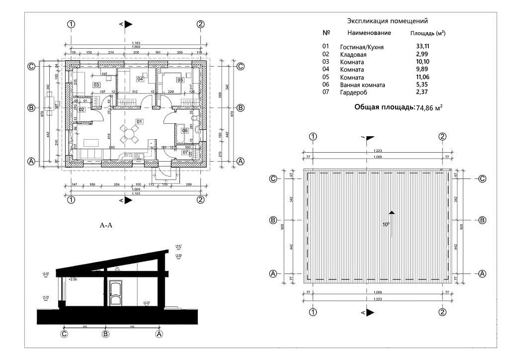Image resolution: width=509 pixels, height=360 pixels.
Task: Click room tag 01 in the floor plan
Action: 140,121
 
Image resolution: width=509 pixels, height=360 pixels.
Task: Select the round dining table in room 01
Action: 129,133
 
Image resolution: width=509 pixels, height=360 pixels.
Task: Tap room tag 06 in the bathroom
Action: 184,131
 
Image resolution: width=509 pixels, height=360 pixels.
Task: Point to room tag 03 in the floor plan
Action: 96,85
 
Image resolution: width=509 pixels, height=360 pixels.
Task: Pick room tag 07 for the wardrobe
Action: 185,153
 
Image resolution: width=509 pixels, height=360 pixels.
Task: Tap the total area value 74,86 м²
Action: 429,107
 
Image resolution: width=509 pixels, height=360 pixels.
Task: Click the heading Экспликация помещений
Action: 387,21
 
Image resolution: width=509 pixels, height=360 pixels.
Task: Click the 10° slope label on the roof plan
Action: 385,224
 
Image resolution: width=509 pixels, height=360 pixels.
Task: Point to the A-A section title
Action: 107,225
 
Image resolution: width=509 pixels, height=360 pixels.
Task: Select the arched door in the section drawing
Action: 115,293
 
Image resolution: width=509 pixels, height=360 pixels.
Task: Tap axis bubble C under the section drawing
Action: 64,335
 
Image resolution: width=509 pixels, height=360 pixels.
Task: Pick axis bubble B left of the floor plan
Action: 31,108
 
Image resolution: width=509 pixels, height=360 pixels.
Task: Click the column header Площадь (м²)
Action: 427,33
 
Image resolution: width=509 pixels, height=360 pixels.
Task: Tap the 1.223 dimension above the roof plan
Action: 378,150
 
